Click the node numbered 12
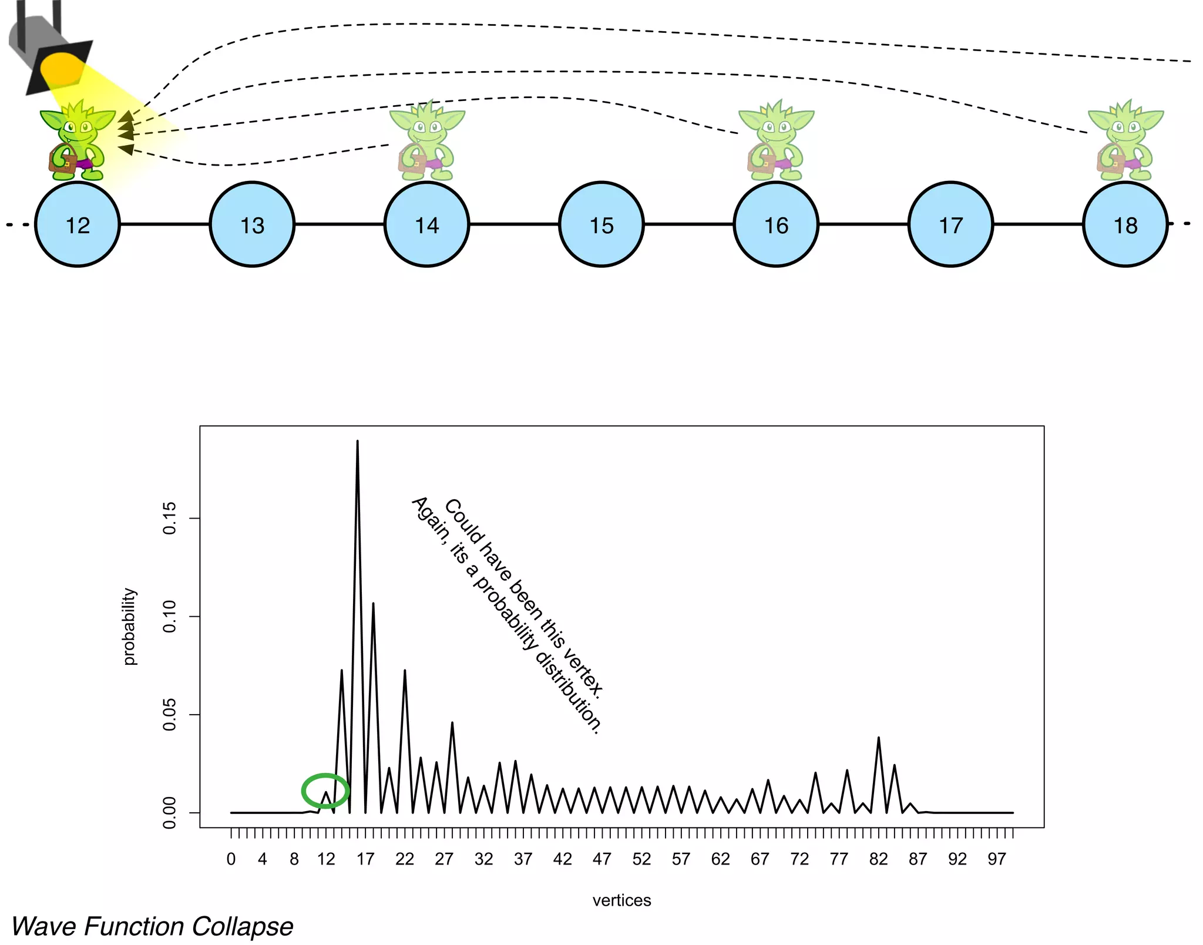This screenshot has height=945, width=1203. click(78, 224)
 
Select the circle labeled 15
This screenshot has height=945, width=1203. click(601, 224)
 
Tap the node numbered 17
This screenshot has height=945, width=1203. click(950, 224)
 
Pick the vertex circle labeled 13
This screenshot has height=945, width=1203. click(253, 224)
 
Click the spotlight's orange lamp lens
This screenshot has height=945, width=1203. click(62, 69)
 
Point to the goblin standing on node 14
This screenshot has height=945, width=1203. click(426, 141)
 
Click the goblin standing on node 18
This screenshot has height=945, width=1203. click(1125, 141)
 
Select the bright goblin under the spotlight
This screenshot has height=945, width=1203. click(77, 141)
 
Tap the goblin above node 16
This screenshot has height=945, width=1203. click(775, 141)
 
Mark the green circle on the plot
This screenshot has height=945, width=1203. click(325, 791)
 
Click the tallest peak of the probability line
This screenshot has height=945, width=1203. click(357, 442)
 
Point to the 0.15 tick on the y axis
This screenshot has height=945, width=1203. click(170, 518)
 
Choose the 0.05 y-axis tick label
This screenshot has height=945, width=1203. click(170, 714)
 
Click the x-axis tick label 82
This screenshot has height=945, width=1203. click(878, 859)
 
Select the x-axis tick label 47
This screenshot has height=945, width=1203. click(601, 859)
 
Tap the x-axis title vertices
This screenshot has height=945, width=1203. click(621, 900)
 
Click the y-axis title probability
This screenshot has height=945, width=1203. click(129, 626)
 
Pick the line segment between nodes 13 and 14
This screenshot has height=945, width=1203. click(340, 224)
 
